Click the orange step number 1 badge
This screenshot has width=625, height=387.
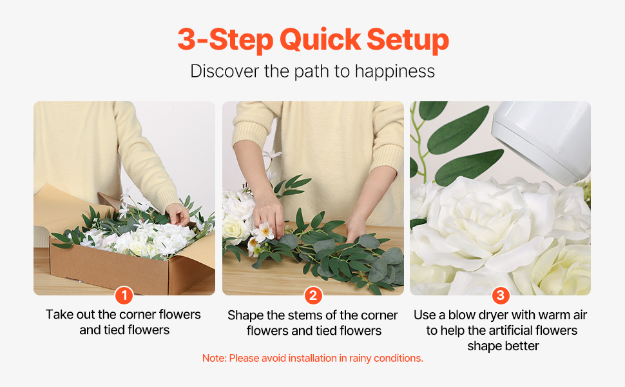124,295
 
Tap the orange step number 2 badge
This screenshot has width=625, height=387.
313,295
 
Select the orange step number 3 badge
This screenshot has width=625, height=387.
501,295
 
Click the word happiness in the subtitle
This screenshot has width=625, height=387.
394,72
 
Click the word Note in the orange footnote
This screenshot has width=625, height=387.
214,358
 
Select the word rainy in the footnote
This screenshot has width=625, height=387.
360,359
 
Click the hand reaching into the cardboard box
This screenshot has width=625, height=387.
178,214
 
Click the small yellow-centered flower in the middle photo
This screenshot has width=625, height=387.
264,232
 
